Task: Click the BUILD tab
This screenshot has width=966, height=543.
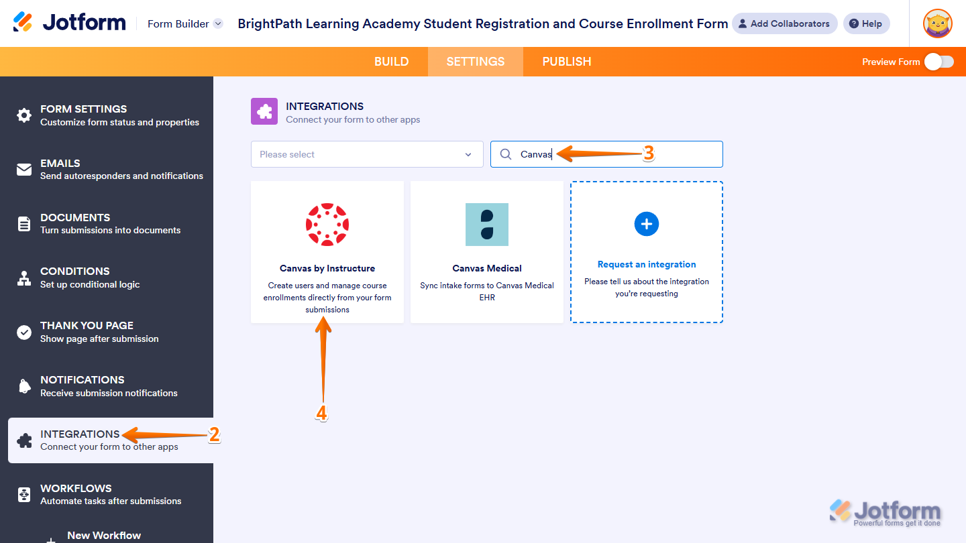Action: [391, 62]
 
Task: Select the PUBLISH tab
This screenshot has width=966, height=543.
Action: [567, 62]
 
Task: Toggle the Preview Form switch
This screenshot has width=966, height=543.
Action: [939, 62]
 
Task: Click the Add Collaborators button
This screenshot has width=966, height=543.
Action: [784, 23]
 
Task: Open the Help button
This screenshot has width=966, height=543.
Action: [866, 23]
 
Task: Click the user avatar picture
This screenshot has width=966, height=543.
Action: [937, 23]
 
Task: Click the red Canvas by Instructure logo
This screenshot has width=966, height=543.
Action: [327, 225]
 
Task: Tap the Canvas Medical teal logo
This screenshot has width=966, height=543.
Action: [487, 225]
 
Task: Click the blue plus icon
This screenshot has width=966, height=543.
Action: [647, 224]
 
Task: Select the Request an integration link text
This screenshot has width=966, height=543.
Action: [647, 264]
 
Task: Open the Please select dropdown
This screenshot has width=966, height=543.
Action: [367, 154]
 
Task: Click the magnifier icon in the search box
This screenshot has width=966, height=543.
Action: [506, 154]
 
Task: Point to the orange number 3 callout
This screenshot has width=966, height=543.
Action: [648, 154]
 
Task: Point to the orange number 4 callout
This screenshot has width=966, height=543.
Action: [321, 413]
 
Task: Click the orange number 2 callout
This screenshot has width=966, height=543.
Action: [215, 435]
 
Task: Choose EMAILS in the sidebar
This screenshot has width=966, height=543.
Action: [60, 164]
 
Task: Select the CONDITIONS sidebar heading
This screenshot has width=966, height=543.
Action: [75, 271]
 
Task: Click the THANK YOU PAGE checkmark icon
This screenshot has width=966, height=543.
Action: [24, 333]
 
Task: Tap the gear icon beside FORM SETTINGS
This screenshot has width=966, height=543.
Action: [24, 115]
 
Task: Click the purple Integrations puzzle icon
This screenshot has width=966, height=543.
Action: [264, 111]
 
